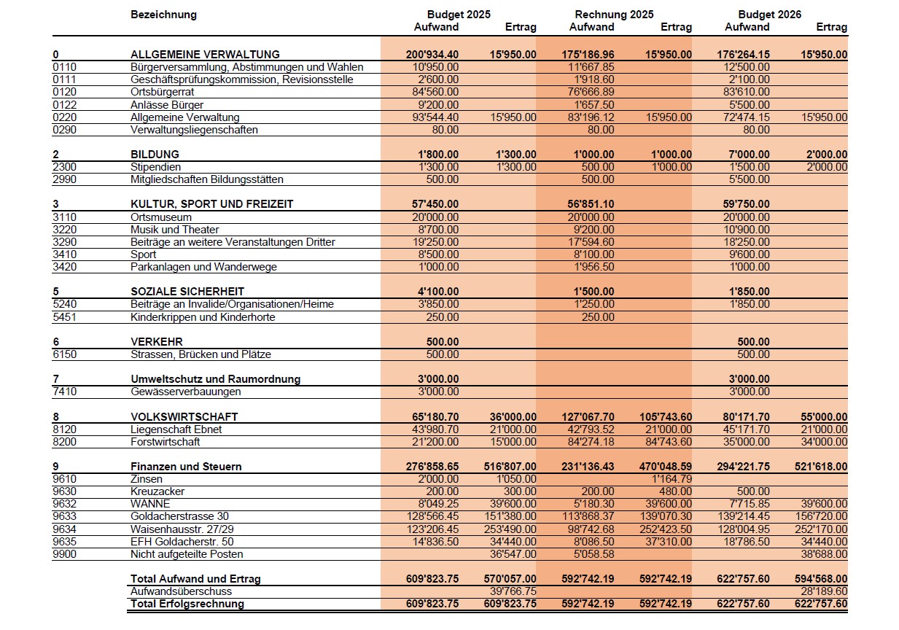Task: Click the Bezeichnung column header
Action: coord(163,15)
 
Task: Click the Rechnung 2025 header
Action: coord(614,15)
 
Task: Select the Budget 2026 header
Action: coord(769,15)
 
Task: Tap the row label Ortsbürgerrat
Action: coord(163,92)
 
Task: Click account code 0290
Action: coord(65,130)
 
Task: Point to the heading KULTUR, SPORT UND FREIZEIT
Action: coord(211,204)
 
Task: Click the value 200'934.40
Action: coord(432,55)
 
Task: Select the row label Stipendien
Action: coord(155,167)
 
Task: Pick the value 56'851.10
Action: coord(591,204)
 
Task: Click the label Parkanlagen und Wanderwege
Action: coord(203,267)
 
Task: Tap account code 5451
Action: coord(65,317)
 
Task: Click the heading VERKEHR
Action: coord(156,342)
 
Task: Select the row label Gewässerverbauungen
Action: coord(185,392)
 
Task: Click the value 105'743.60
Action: coord(666,417)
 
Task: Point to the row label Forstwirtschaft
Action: coord(165,442)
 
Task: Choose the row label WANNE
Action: coord(150,504)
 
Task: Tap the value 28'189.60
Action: coord(823,591)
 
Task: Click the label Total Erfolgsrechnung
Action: coord(187,604)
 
